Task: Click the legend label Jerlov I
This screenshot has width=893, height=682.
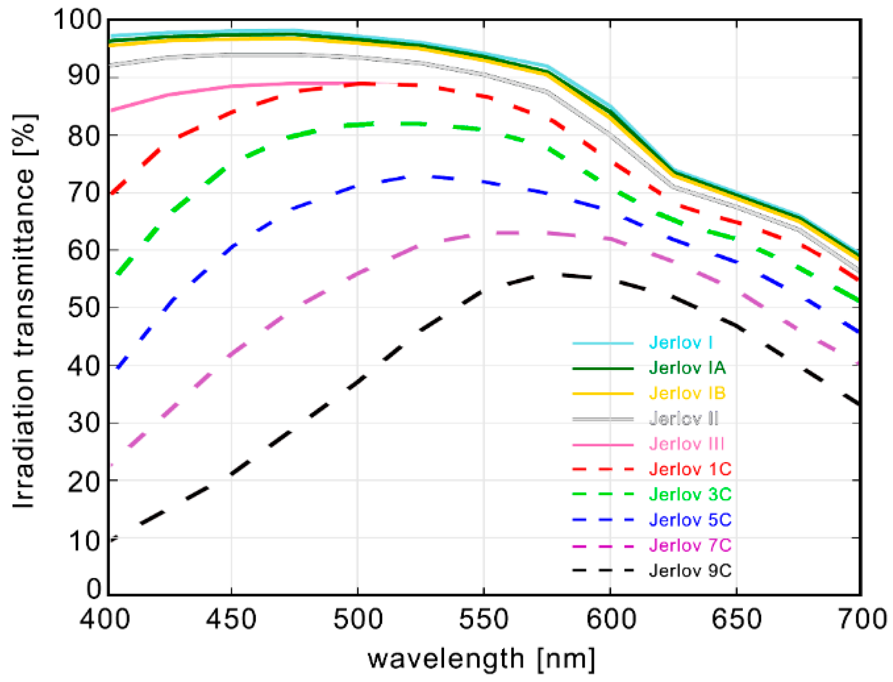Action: click(680, 342)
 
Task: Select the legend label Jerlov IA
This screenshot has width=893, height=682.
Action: click(687, 368)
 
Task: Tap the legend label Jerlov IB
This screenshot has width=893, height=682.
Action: click(687, 393)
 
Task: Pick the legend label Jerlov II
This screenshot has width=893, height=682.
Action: click(684, 418)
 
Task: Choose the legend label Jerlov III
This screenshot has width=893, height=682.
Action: click(686, 444)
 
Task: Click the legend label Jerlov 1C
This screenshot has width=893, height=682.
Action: click(690, 469)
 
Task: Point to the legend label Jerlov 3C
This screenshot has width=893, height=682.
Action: click(690, 495)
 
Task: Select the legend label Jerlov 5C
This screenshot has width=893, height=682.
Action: click(690, 520)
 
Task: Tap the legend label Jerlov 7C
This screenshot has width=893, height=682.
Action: click(690, 545)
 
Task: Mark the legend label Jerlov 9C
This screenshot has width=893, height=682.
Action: click(690, 570)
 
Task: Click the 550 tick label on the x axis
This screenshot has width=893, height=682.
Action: click(483, 619)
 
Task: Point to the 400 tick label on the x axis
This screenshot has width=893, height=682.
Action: click(105, 619)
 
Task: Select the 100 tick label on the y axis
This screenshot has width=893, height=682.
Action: click(77, 20)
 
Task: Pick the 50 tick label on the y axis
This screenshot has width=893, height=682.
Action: click(85, 308)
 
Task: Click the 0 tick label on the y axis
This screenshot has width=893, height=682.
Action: click(94, 589)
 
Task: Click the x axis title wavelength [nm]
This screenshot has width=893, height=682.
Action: click(481, 659)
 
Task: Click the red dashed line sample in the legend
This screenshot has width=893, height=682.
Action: click(602, 469)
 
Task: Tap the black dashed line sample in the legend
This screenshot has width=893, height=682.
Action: click(602, 570)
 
